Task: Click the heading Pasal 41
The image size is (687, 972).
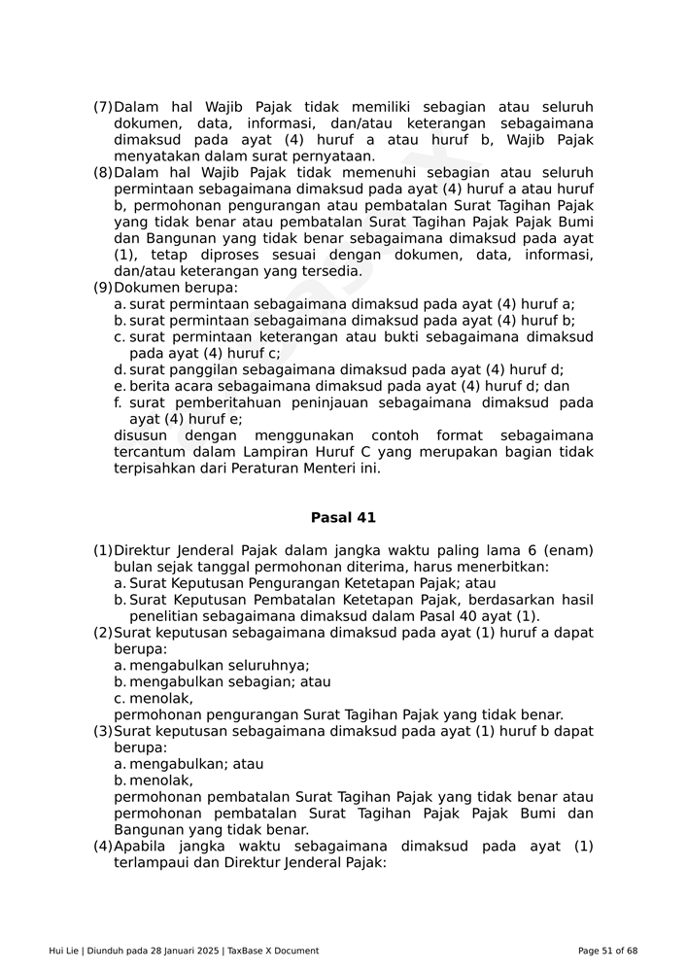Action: click(x=343, y=518)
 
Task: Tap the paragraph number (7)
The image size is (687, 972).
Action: click(x=102, y=107)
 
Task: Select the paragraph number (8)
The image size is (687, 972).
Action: click(x=102, y=173)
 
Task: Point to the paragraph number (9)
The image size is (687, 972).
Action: click(x=102, y=288)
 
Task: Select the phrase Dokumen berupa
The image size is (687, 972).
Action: click(x=175, y=288)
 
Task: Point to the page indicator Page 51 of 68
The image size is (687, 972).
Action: click(x=607, y=951)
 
